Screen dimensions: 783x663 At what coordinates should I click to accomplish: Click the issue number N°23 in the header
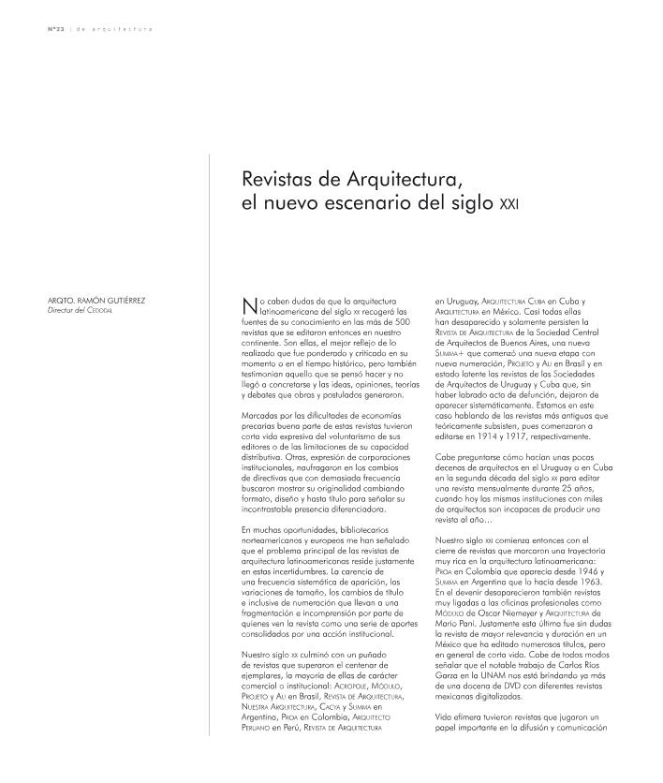pos(56,30)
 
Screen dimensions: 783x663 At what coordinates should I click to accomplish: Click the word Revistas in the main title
pos(275,177)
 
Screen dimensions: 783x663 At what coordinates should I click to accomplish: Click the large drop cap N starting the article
pos(249,305)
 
